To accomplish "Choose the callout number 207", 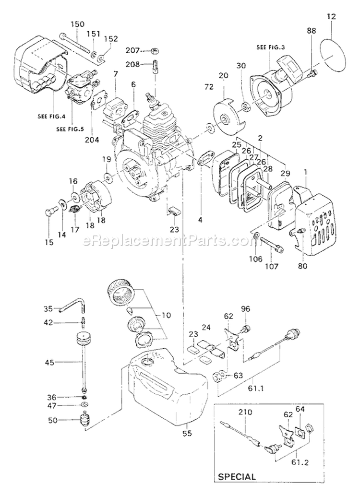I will (x=132, y=50).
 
